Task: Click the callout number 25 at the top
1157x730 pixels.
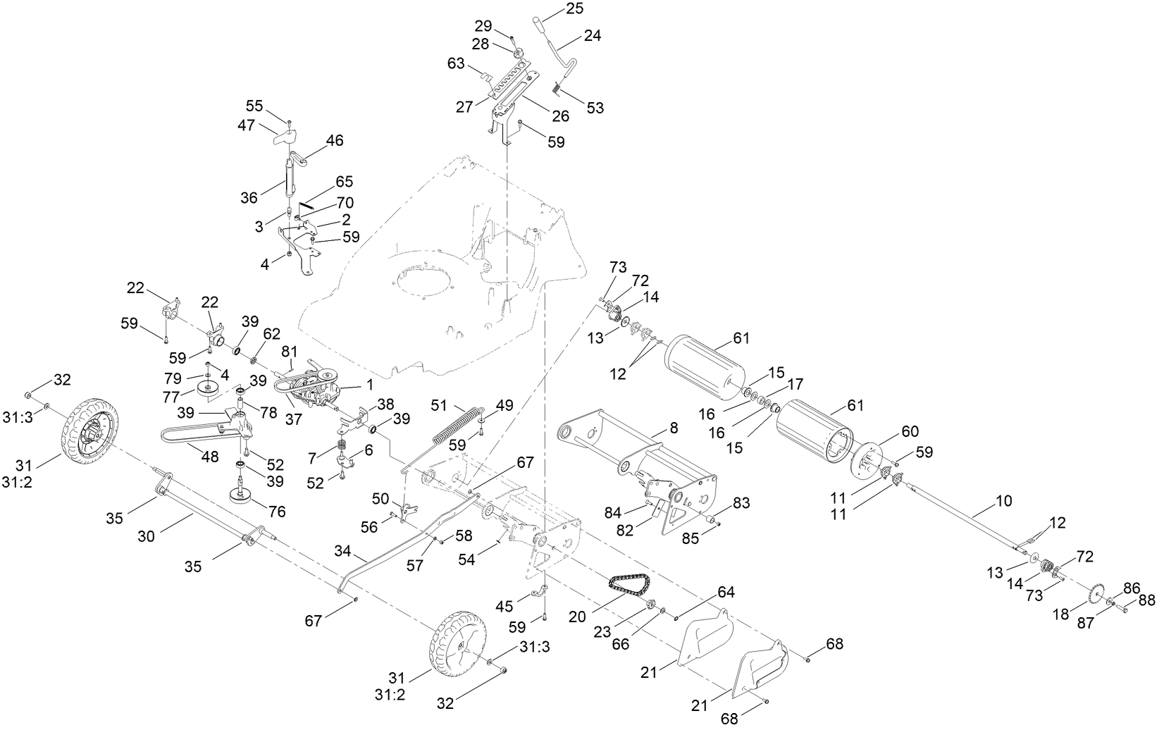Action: click(574, 9)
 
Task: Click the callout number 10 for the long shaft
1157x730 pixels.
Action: click(1003, 501)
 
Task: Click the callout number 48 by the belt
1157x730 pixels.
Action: click(209, 457)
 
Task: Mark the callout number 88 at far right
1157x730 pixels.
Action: click(1146, 600)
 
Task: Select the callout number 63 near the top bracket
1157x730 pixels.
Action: click(456, 64)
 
